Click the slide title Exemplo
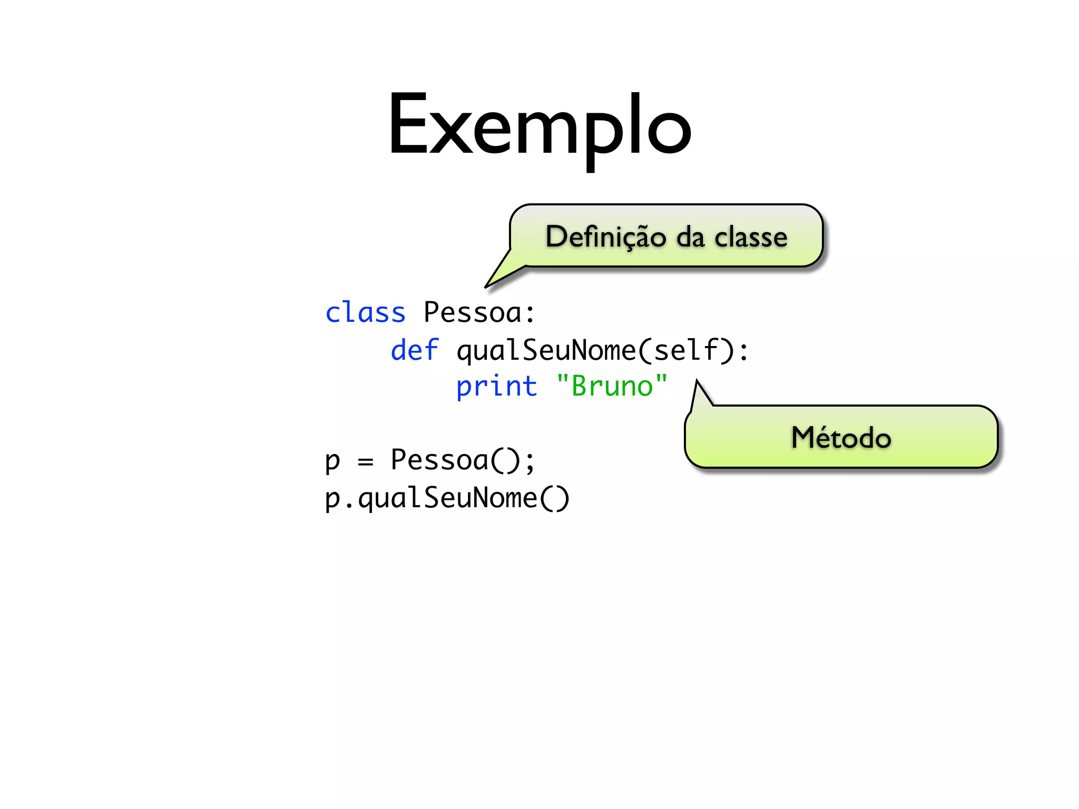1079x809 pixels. coord(539,126)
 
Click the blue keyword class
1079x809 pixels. coord(365,313)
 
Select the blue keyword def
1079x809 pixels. coord(415,350)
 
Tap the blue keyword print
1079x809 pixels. coord(496,387)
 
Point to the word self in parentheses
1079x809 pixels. coord(686,350)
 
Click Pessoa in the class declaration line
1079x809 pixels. coord(472,313)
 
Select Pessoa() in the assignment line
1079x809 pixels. coord(455,460)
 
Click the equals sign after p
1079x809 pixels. coord(365,462)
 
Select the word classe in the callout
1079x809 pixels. coord(751,237)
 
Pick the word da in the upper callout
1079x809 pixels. coord(690,237)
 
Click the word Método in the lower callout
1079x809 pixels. coord(841,438)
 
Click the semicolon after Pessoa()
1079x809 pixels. coord(529,462)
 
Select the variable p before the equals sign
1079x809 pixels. coord(332,462)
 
